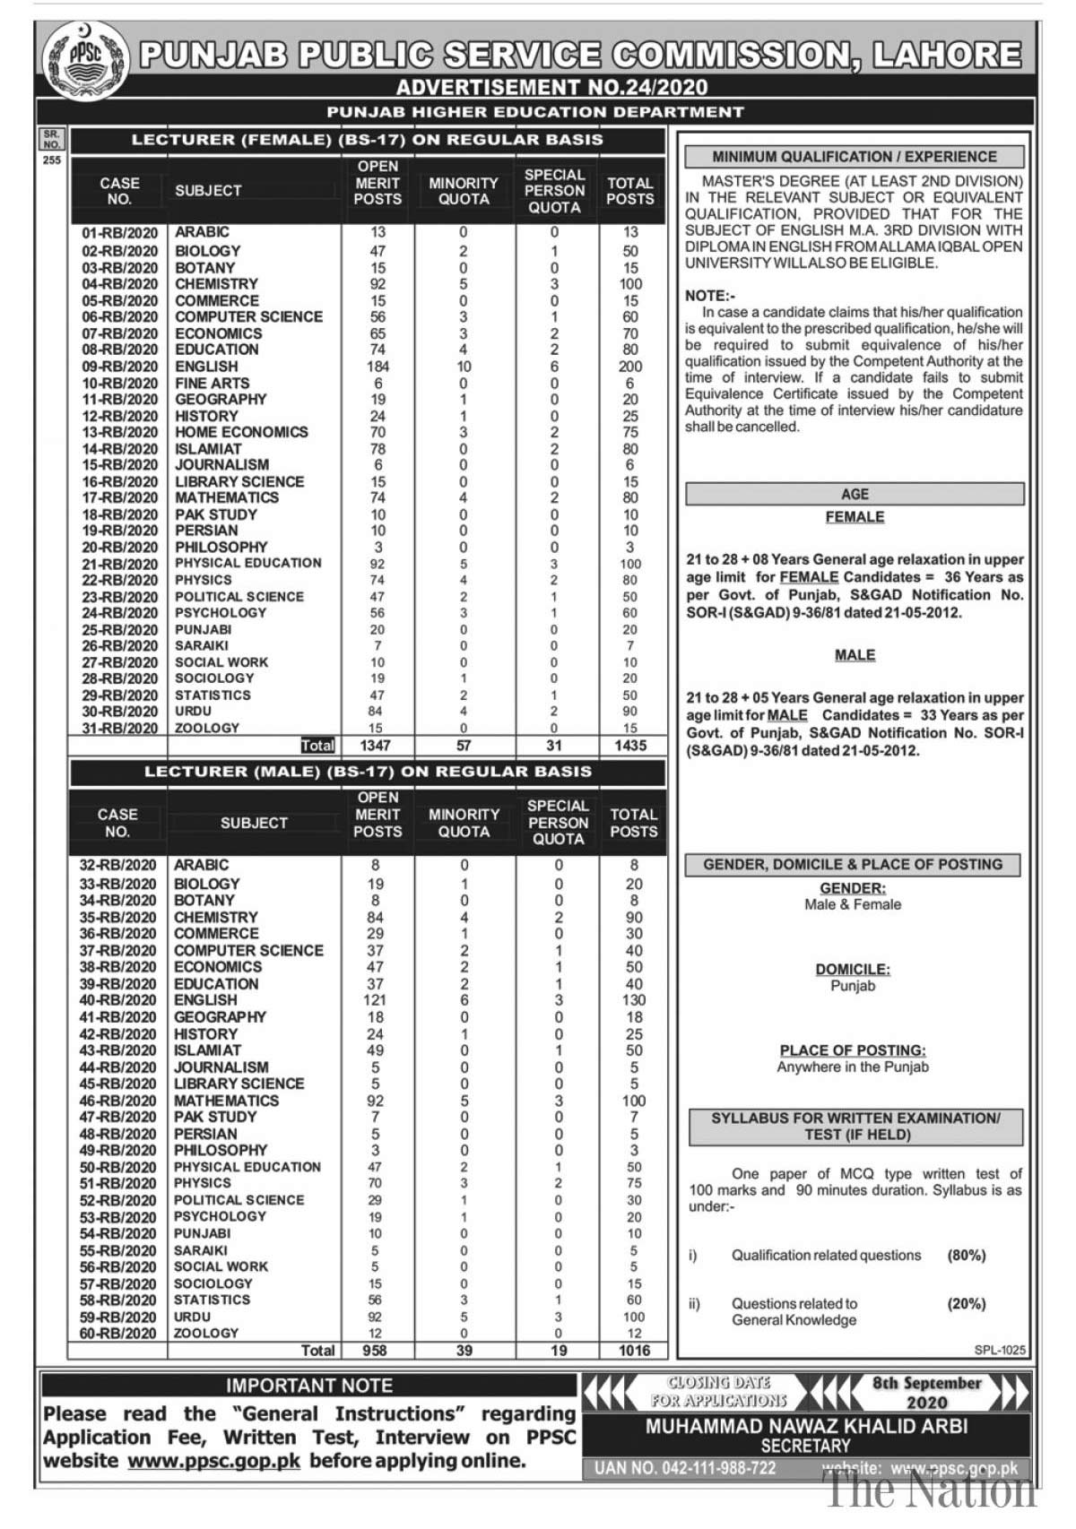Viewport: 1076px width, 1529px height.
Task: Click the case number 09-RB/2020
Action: pos(119,367)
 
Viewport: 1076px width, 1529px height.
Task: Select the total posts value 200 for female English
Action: pos(630,367)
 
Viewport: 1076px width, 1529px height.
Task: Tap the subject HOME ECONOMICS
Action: pos(241,432)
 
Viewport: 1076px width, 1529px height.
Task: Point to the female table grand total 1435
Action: pos(630,746)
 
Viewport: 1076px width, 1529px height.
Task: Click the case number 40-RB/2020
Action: pos(117,1000)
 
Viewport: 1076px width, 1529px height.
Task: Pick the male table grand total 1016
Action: pos(634,1351)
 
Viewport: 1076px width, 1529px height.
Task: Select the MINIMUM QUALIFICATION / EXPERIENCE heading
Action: pos(854,157)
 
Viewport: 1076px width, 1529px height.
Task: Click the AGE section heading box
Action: pos(855,494)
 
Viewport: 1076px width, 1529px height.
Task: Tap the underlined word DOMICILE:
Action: pos(853,970)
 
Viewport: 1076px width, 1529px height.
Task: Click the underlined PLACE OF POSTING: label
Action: pos(853,1050)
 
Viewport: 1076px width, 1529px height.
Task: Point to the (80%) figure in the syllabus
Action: pos(967,1256)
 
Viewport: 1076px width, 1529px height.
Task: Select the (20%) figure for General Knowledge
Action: pos(967,1304)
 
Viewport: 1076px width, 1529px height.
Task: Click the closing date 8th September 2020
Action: pos(927,1393)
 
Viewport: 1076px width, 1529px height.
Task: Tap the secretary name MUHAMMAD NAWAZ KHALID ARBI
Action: pos(806,1426)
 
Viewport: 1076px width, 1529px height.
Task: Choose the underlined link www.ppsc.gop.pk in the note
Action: pos(214,1461)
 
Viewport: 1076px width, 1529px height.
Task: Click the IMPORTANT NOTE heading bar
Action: pos(308,1386)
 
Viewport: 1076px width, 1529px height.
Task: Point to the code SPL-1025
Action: pos(1000,1351)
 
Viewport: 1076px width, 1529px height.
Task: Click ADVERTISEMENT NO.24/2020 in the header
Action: pos(551,87)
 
